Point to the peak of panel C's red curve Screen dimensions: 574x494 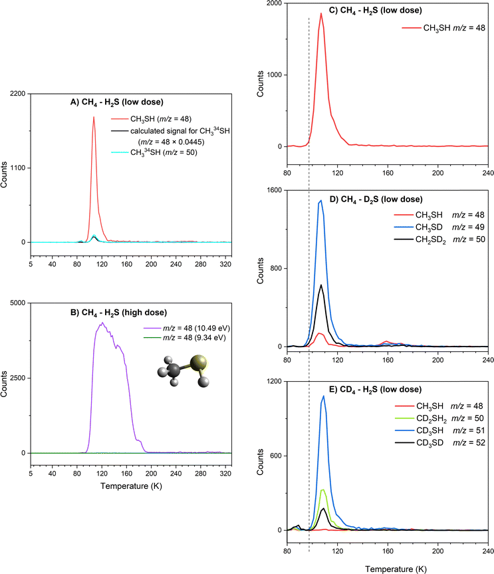[321, 13]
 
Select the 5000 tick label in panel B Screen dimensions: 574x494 [15, 303]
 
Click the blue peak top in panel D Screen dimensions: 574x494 [321, 201]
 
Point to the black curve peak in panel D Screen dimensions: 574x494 [321, 285]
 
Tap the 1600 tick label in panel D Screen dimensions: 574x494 [274, 190]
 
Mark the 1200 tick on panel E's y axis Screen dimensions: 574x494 [274, 381]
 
